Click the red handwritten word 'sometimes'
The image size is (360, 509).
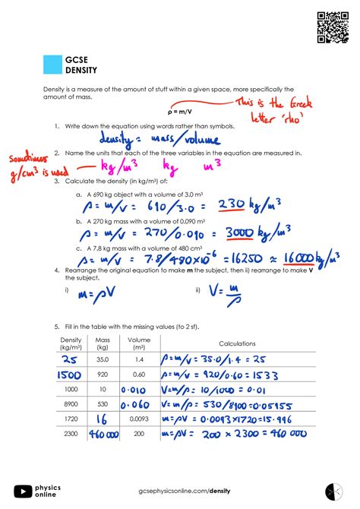[27, 160]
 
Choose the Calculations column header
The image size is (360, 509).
[237, 343]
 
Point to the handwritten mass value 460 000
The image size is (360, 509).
[103, 434]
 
